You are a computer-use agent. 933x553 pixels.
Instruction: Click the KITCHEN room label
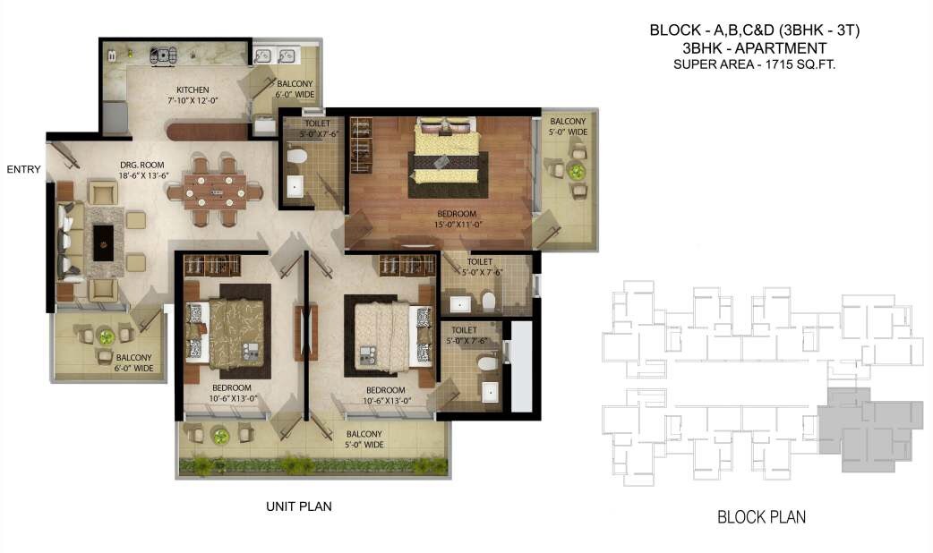click(x=193, y=89)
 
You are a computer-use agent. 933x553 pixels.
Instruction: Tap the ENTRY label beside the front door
click(x=23, y=169)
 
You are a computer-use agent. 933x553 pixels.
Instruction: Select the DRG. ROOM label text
click(x=139, y=165)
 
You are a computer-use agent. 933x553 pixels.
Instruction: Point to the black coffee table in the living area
click(x=103, y=242)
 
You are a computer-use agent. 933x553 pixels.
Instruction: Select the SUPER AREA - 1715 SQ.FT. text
click(x=754, y=64)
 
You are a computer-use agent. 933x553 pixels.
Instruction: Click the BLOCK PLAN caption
click(x=761, y=516)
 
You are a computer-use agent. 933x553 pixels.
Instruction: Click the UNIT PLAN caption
click(x=298, y=506)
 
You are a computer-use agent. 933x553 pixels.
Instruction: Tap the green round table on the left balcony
click(x=107, y=336)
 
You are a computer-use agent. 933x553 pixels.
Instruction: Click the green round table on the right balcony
click(x=578, y=172)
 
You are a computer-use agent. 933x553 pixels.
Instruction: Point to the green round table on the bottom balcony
click(x=220, y=436)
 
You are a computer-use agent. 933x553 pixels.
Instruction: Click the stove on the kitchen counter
click(x=163, y=55)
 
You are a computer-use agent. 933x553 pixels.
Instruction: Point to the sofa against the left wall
click(x=68, y=241)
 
